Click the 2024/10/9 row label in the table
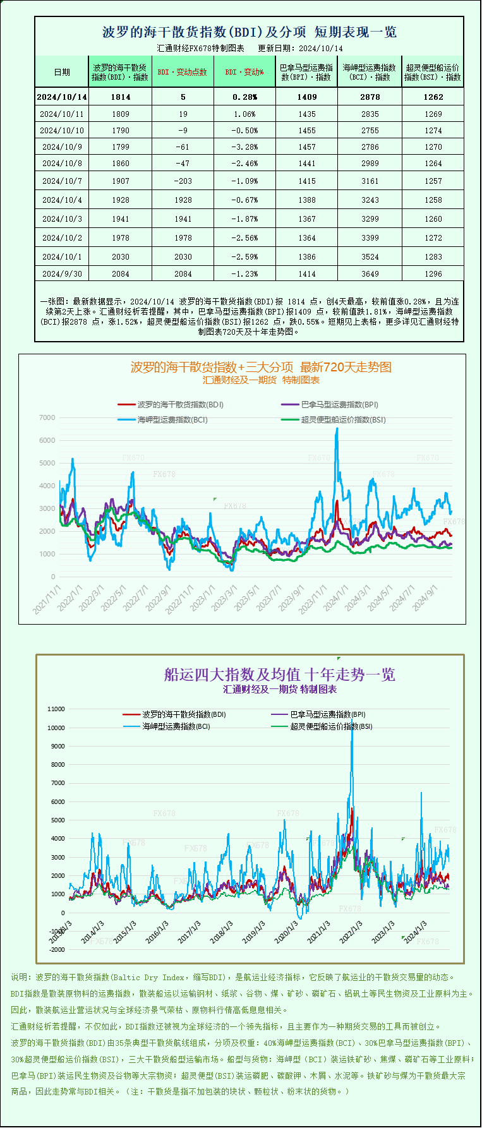point(62,147)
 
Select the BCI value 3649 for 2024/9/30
point(370,274)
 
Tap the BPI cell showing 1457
point(306,147)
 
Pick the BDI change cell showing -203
point(183,181)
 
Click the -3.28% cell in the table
point(244,147)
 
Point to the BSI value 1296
point(433,274)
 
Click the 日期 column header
point(62,72)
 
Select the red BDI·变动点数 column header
point(183,72)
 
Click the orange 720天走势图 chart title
point(261,367)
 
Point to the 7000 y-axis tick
point(47,418)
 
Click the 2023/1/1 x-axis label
point(202,597)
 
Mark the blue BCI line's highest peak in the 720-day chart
point(337,429)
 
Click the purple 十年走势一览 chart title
point(279,675)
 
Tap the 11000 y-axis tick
point(56,709)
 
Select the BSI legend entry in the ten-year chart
point(331,726)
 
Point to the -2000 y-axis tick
point(56,950)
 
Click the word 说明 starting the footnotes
point(20,977)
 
